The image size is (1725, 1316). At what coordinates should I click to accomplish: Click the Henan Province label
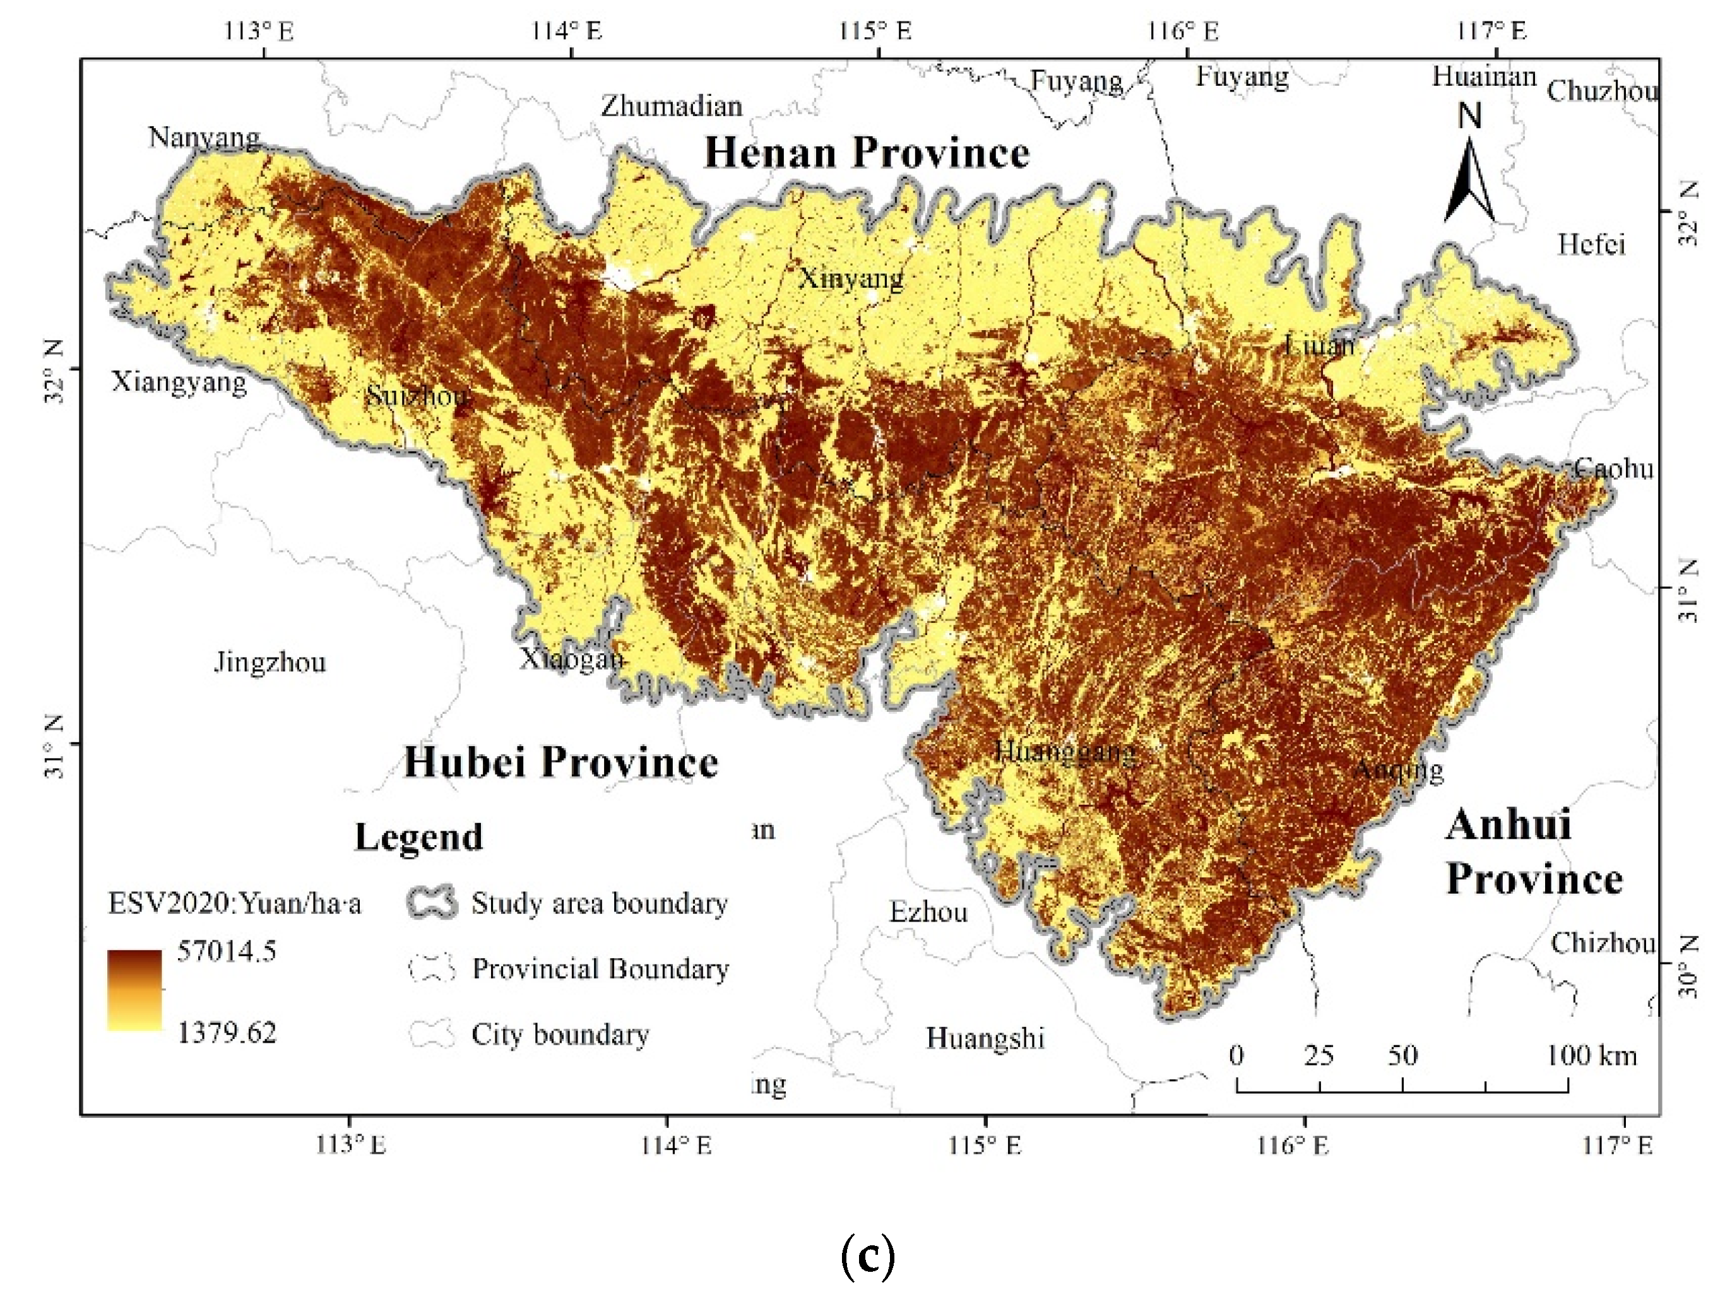pyautogui.click(x=867, y=152)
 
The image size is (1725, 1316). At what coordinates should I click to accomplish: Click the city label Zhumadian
pyautogui.click(x=672, y=106)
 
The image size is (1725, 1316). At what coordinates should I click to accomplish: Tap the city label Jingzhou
pyautogui.click(x=270, y=663)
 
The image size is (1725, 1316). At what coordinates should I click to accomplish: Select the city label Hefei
pyautogui.click(x=1591, y=244)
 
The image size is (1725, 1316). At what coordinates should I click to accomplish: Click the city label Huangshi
pyautogui.click(x=985, y=1039)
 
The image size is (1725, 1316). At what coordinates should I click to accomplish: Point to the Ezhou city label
pyautogui.click(x=928, y=913)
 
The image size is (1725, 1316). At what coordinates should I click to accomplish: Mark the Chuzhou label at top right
pyautogui.click(x=1602, y=92)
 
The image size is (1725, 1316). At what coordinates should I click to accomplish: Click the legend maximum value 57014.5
pyautogui.click(x=227, y=952)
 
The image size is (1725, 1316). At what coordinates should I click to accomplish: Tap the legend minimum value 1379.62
pyautogui.click(x=227, y=1033)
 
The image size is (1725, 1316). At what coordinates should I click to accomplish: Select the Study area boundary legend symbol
pyautogui.click(x=432, y=903)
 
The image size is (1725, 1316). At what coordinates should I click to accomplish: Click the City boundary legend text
pyautogui.click(x=559, y=1034)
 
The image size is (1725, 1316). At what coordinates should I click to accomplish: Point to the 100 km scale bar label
pyautogui.click(x=1591, y=1056)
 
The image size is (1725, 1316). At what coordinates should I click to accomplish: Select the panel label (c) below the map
pyautogui.click(x=867, y=1258)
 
